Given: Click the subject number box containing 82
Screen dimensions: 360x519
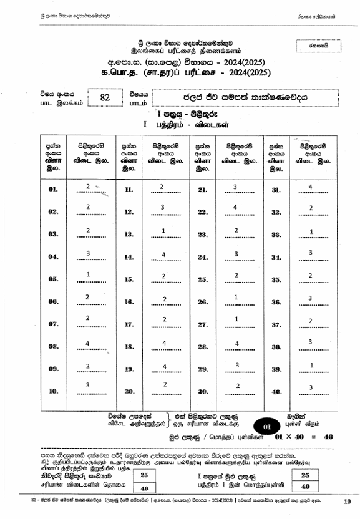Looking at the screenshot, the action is [x=104, y=97].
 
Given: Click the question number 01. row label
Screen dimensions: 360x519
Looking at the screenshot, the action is [x=53, y=189].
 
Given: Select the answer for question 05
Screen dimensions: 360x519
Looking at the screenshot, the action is [x=88, y=275].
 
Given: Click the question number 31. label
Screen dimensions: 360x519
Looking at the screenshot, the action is [x=276, y=190].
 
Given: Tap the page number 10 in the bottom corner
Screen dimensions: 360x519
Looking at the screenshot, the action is [x=346, y=501].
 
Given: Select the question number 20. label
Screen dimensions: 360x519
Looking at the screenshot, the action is [x=129, y=392].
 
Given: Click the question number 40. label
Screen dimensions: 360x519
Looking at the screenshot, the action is [x=276, y=392].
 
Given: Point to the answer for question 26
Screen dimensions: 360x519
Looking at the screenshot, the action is [x=236, y=297].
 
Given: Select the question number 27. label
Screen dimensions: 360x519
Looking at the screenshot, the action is [x=203, y=324].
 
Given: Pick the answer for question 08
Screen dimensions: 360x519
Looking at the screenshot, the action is [x=88, y=342].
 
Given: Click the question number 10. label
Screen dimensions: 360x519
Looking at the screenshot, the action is [x=53, y=392].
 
